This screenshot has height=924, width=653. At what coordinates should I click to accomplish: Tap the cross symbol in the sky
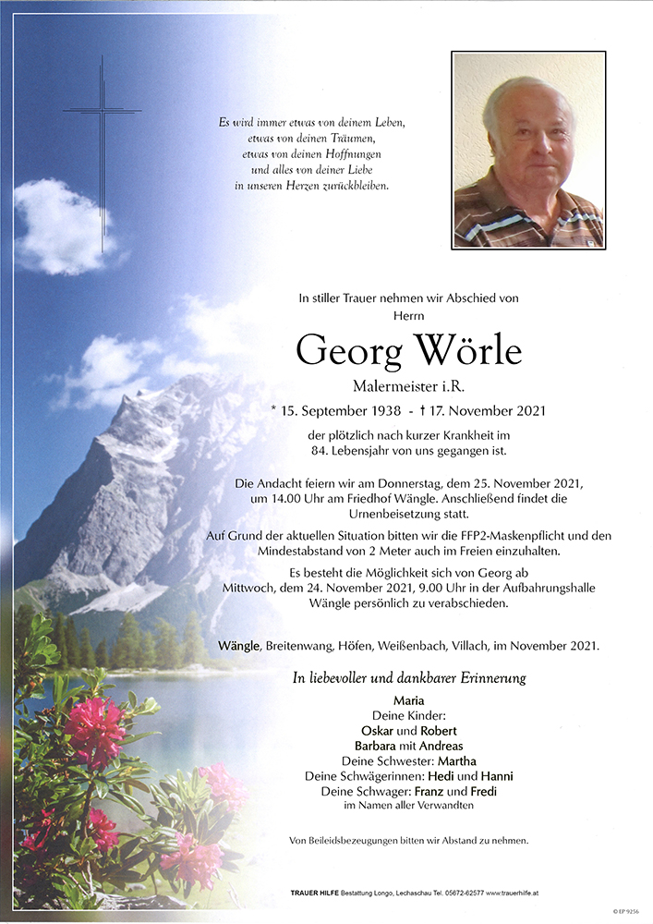103,139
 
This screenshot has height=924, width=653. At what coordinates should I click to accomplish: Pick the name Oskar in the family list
372,730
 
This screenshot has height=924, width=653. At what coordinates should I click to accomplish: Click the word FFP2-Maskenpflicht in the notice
503,537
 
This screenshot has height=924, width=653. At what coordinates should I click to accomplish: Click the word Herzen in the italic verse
300,186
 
